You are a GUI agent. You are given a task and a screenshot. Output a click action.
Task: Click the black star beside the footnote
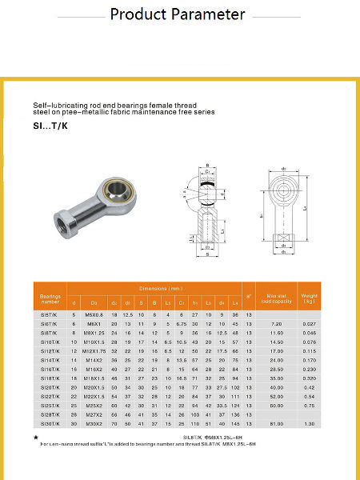click(35, 439)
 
